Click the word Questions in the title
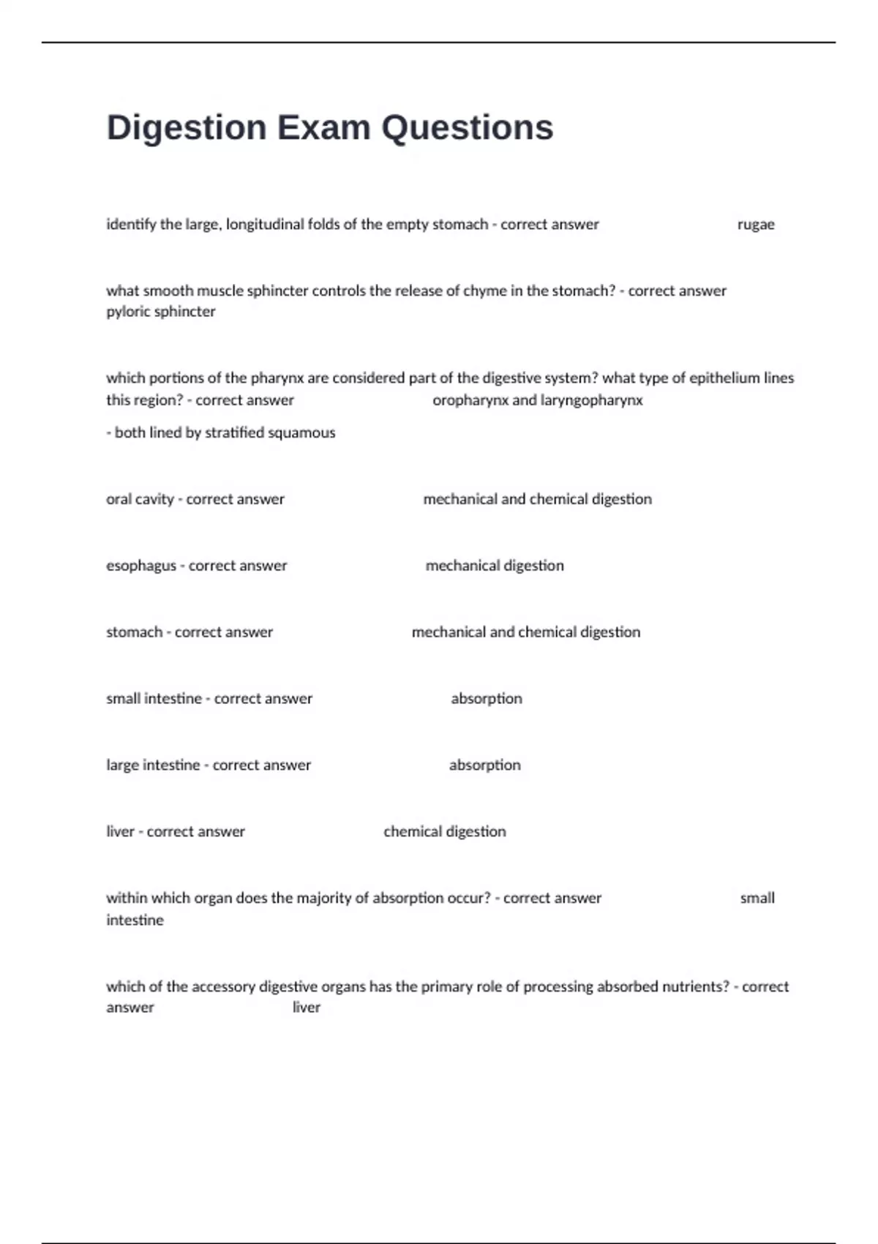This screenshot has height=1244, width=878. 467,128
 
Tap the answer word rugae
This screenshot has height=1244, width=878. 756,225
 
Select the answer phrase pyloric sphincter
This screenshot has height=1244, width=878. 161,312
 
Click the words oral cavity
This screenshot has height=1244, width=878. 140,499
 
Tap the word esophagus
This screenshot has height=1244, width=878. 141,566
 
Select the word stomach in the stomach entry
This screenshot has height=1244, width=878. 134,632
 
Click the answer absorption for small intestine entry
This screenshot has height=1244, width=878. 487,699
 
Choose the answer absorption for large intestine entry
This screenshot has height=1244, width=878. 484,765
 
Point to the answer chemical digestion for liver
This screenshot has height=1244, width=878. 444,832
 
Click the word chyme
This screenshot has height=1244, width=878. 482,291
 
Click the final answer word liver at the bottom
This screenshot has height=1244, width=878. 306,1008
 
